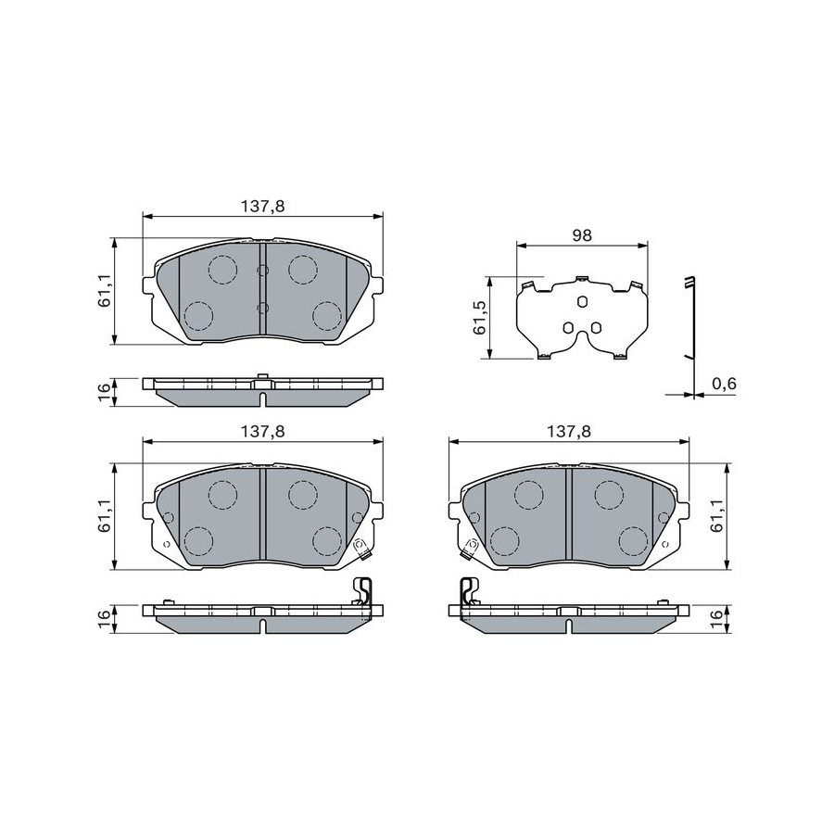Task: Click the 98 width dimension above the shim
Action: click(582, 234)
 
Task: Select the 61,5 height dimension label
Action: click(479, 318)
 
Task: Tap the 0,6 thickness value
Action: click(724, 384)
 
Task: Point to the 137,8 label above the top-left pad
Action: click(263, 206)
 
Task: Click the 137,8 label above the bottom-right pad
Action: click(569, 431)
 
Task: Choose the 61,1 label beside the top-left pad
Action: click(104, 290)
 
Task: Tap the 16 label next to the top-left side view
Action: click(104, 387)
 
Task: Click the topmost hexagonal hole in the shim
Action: click(582, 302)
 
